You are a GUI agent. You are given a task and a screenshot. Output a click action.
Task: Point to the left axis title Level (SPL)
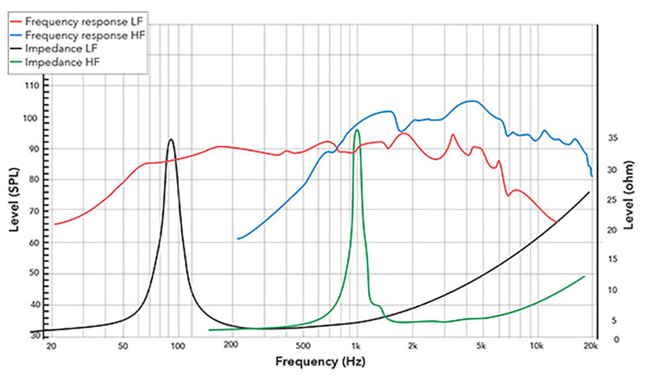coord(14,201)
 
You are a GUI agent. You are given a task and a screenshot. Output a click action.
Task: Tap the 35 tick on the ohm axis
coord(612,137)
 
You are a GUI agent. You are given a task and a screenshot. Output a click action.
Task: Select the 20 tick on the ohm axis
coord(612,230)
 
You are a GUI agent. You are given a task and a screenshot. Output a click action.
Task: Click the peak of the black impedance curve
coord(171,139)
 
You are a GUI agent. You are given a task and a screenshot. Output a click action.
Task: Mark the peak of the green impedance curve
coord(357,130)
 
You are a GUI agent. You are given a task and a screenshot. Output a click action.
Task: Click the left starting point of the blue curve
coord(238,239)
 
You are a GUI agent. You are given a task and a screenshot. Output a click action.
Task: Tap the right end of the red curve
coord(556,222)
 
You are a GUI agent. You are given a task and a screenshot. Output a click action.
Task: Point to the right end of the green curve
coord(584,276)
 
